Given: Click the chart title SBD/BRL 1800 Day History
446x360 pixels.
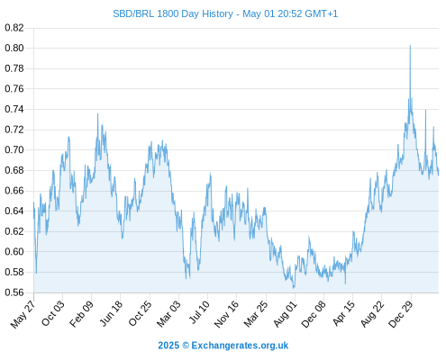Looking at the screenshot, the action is click(x=173, y=13).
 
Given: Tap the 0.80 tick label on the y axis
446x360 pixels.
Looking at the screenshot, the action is click(x=14, y=48).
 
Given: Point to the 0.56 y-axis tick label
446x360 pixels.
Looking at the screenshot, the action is click(x=14, y=292).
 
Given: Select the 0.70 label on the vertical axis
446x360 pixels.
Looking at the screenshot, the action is click(x=14, y=149).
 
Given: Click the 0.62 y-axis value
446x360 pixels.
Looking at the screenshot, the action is click(x=14, y=231).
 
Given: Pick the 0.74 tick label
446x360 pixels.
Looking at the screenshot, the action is click(x=14, y=109).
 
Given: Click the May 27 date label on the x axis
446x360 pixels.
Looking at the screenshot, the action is click(x=23, y=314).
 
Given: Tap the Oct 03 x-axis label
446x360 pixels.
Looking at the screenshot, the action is click(x=53, y=313).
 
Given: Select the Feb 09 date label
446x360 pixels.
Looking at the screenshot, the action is click(x=81, y=314).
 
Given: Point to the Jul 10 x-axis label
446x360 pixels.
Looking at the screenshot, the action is click(x=199, y=312).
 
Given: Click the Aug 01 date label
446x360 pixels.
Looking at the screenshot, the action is click(x=286, y=314).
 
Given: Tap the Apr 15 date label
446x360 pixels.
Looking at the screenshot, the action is click(x=344, y=313).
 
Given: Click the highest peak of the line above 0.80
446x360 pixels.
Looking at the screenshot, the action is click(x=410, y=46).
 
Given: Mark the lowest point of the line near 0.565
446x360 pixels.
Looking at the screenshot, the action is click(x=294, y=288).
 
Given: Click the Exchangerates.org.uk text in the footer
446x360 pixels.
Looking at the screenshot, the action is click(x=240, y=346).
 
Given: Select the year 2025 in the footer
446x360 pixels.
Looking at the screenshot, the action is click(x=168, y=346).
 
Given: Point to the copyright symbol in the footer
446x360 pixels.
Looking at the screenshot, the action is click(x=186, y=346).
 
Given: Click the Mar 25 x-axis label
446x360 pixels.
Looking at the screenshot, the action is click(x=256, y=314).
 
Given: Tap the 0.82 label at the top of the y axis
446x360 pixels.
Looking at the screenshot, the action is click(x=14, y=28).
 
